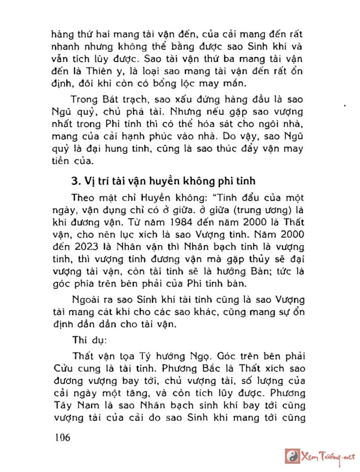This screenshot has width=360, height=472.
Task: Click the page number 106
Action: point(62,437)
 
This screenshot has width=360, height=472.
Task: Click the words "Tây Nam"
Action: point(68,405)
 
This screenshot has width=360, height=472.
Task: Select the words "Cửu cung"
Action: point(68,368)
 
